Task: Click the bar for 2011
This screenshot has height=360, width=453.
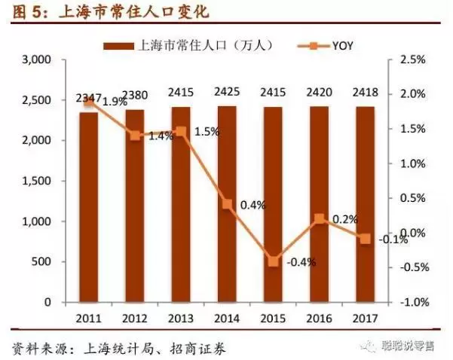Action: [x=90, y=207]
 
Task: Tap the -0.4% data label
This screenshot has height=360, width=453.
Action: [x=301, y=262]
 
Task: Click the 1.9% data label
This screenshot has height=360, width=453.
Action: [x=114, y=101]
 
